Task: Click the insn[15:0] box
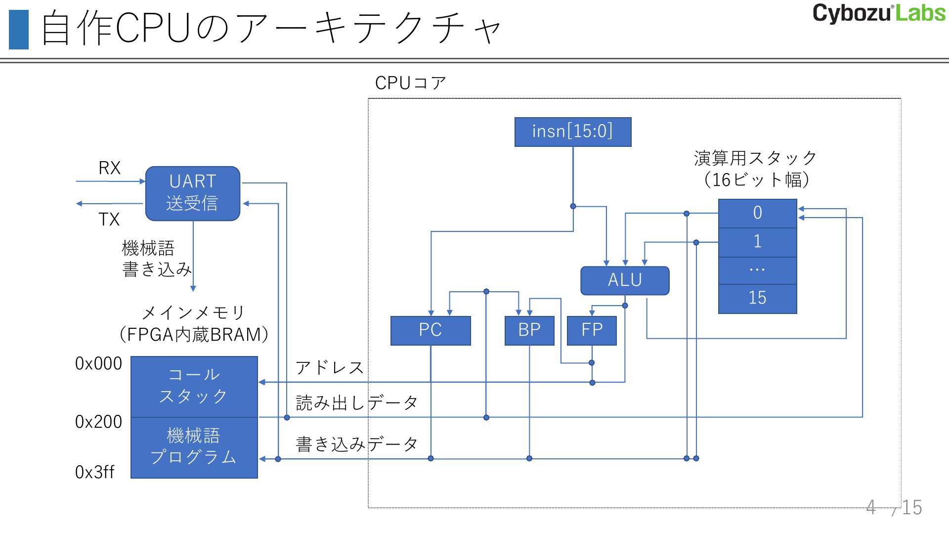click(x=573, y=132)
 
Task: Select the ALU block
click(x=625, y=281)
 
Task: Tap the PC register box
click(x=431, y=331)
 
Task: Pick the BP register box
click(x=529, y=331)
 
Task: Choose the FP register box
click(x=592, y=331)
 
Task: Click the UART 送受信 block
click(x=193, y=193)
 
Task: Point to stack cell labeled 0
click(x=758, y=214)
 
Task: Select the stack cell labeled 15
click(x=758, y=299)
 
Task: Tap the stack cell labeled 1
click(x=758, y=242)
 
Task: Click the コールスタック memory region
click(x=194, y=387)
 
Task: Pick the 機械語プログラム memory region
click(x=194, y=448)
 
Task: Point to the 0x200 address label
click(x=98, y=422)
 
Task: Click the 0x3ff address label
click(x=94, y=472)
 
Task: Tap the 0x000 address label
click(x=98, y=363)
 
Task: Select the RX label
click(x=110, y=168)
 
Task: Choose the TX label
click(x=109, y=219)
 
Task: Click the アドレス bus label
click(x=330, y=367)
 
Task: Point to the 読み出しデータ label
click(x=357, y=403)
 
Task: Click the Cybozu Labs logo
click(x=879, y=13)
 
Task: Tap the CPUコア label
click(x=411, y=83)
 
